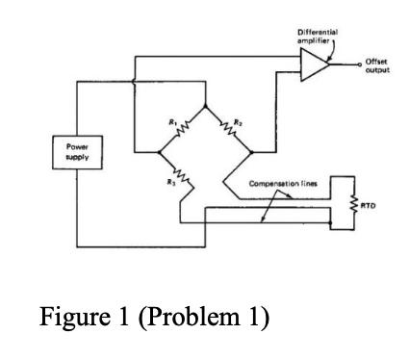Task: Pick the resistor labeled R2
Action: point(230,127)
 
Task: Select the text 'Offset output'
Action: point(376,64)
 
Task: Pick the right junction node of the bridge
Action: point(252,151)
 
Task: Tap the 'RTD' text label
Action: point(370,204)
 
